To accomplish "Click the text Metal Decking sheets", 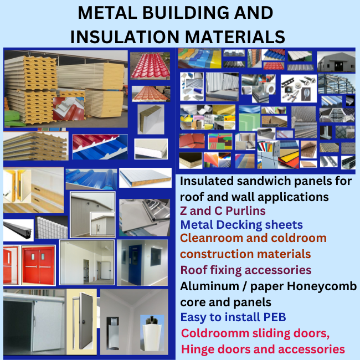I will pos(241,225).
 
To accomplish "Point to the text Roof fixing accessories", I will pos(246,270).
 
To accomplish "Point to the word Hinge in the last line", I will pos(197,349).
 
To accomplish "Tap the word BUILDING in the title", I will pos(188,13).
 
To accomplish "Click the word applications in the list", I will pos(280,197).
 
